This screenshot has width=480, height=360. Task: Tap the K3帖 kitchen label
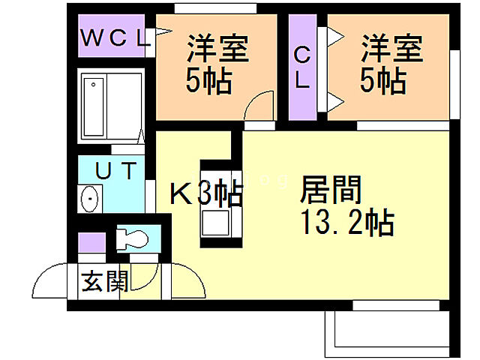point(206,194)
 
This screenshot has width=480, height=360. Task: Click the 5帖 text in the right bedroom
point(383,79)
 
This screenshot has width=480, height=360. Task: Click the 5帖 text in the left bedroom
point(208,79)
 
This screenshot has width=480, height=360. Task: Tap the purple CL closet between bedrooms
point(302,67)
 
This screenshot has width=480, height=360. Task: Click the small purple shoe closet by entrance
point(93,245)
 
